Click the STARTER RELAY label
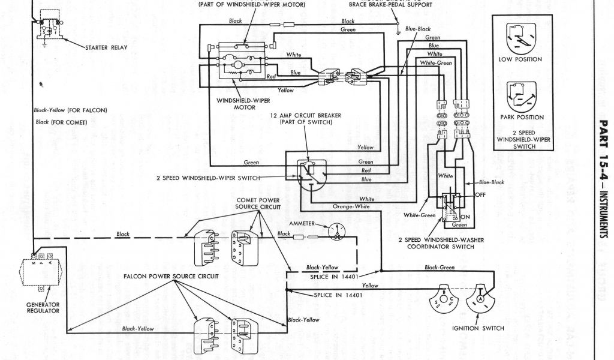105,47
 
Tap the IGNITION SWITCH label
478,328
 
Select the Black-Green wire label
440,268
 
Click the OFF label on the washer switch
480,194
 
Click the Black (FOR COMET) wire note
62,122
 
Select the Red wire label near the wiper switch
366,170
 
